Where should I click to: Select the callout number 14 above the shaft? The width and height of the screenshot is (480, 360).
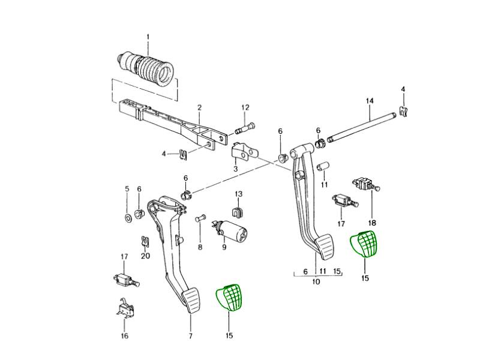click(x=370, y=100)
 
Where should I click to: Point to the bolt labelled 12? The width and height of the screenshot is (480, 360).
click(x=246, y=127)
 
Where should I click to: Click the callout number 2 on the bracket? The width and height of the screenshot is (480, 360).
click(x=199, y=108)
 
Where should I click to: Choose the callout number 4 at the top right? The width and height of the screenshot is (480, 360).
click(x=403, y=89)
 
